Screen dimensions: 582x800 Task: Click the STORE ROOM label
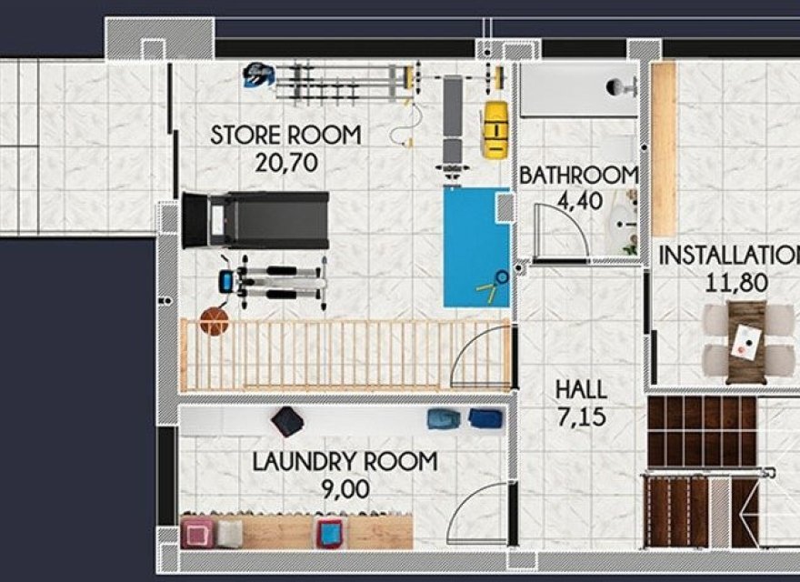(x=285, y=135)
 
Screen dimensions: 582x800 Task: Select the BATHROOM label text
(x=578, y=175)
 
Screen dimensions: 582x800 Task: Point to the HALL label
(x=581, y=390)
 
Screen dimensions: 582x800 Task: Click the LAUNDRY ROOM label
(x=345, y=461)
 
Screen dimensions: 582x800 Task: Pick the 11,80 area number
(x=736, y=283)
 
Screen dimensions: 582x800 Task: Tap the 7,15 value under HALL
(x=581, y=418)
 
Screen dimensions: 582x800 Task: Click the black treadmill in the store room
(x=255, y=219)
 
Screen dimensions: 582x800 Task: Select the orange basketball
(x=214, y=321)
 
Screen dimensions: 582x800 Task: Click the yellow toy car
(x=494, y=129)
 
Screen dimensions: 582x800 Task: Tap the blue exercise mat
(x=476, y=247)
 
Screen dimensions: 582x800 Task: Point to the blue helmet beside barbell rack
(x=258, y=75)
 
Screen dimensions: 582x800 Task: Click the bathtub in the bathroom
(x=578, y=89)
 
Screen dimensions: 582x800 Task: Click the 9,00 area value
(x=345, y=489)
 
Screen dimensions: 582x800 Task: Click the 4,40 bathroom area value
(x=578, y=201)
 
